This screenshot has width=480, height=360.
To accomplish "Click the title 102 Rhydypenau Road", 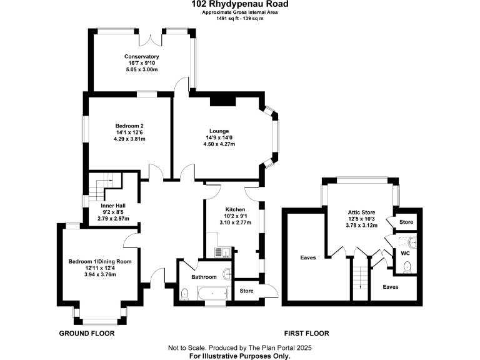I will pyautogui.click(x=240, y=4).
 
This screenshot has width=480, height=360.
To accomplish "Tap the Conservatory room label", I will pyautogui.click(x=141, y=56).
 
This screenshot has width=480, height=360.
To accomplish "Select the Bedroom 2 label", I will pyautogui.click(x=130, y=125).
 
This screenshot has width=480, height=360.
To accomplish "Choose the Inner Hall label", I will pyautogui.click(x=114, y=205).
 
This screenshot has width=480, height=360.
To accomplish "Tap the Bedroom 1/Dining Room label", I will pyautogui.click(x=100, y=261).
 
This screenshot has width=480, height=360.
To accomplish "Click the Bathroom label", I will pyautogui.click(x=204, y=277).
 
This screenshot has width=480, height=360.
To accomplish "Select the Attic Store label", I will pyautogui.click(x=361, y=212).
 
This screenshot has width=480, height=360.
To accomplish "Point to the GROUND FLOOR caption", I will pyautogui.click(x=87, y=333).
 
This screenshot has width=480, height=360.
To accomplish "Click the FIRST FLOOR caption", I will pyautogui.click(x=306, y=333).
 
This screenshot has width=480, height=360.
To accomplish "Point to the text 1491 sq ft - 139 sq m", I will pyautogui.click(x=240, y=19).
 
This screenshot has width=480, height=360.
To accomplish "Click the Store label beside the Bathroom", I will pyautogui.click(x=247, y=291).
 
